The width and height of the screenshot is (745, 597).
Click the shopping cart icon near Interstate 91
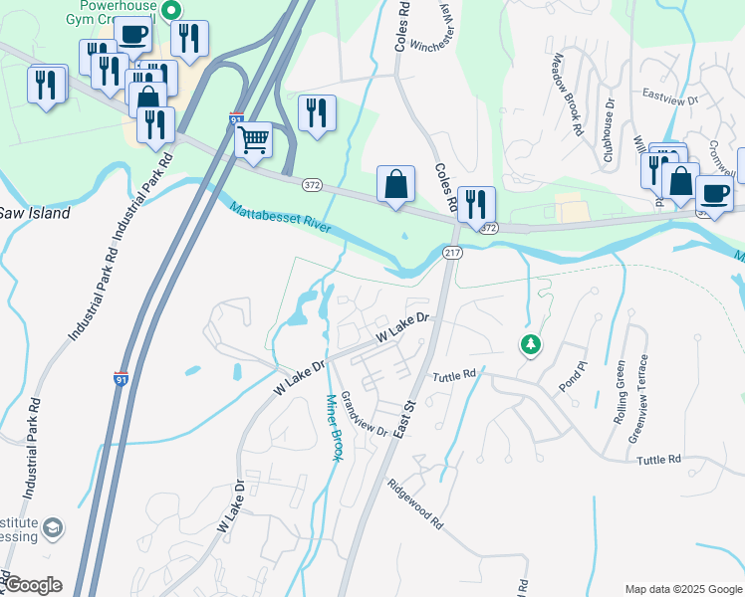point(254,139)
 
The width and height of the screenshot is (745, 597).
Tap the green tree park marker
point(531,345)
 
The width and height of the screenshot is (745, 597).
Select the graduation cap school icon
point(54,527)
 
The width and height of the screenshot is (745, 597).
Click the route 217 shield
point(453,254)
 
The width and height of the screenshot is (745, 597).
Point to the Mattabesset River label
point(280,218)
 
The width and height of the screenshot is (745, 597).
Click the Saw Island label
point(35,213)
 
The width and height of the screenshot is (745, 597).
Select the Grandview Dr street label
point(364,414)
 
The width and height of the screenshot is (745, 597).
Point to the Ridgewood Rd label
point(416,503)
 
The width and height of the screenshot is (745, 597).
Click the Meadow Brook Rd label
point(564,95)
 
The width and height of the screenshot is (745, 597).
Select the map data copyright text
point(682,588)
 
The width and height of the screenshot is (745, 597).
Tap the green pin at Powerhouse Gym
point(170,10)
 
